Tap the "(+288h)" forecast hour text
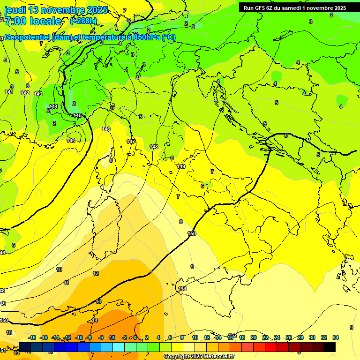pos(83,21)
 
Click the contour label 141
pos(9,92)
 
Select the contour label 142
pos(25,93)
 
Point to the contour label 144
pos(53,106)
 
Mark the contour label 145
pos(77,115)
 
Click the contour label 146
pos(106,129)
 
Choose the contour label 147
pos(131,141)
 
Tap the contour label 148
pos(154,147)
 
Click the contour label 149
pos(181,166)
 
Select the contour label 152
pos(232,335)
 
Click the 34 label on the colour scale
pos(336,337)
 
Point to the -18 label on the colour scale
pos(32,337)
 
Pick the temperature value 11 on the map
pos(67,283)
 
